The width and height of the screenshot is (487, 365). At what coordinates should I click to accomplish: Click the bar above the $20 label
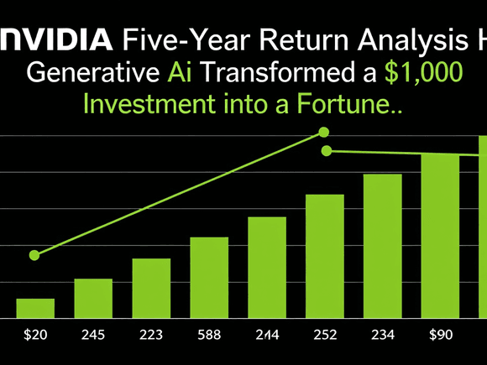pos(35,308)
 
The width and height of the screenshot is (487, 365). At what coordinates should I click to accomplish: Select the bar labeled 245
pos(93,298)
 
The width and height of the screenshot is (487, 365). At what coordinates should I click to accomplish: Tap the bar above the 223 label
pos(151,288)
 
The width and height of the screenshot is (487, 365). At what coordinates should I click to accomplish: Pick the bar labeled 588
pos(209,277)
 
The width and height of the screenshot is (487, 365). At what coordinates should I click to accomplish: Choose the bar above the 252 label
pos(324,256)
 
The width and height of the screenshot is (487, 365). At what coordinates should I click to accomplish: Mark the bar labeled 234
pos(382,246)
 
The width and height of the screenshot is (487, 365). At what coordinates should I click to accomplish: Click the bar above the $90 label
pos(439,236)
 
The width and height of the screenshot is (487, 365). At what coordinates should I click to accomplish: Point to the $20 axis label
pos(35,335)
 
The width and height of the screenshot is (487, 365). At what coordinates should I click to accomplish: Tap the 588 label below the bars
pos(208,335)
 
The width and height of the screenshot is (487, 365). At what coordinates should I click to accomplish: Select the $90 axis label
pos(439,335)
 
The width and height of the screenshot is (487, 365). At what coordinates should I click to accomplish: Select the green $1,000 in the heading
pos(422,72)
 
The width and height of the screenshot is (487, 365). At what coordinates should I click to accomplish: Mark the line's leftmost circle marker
pos(34,255)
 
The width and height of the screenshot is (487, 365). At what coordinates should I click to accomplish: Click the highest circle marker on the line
pos(324,133)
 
